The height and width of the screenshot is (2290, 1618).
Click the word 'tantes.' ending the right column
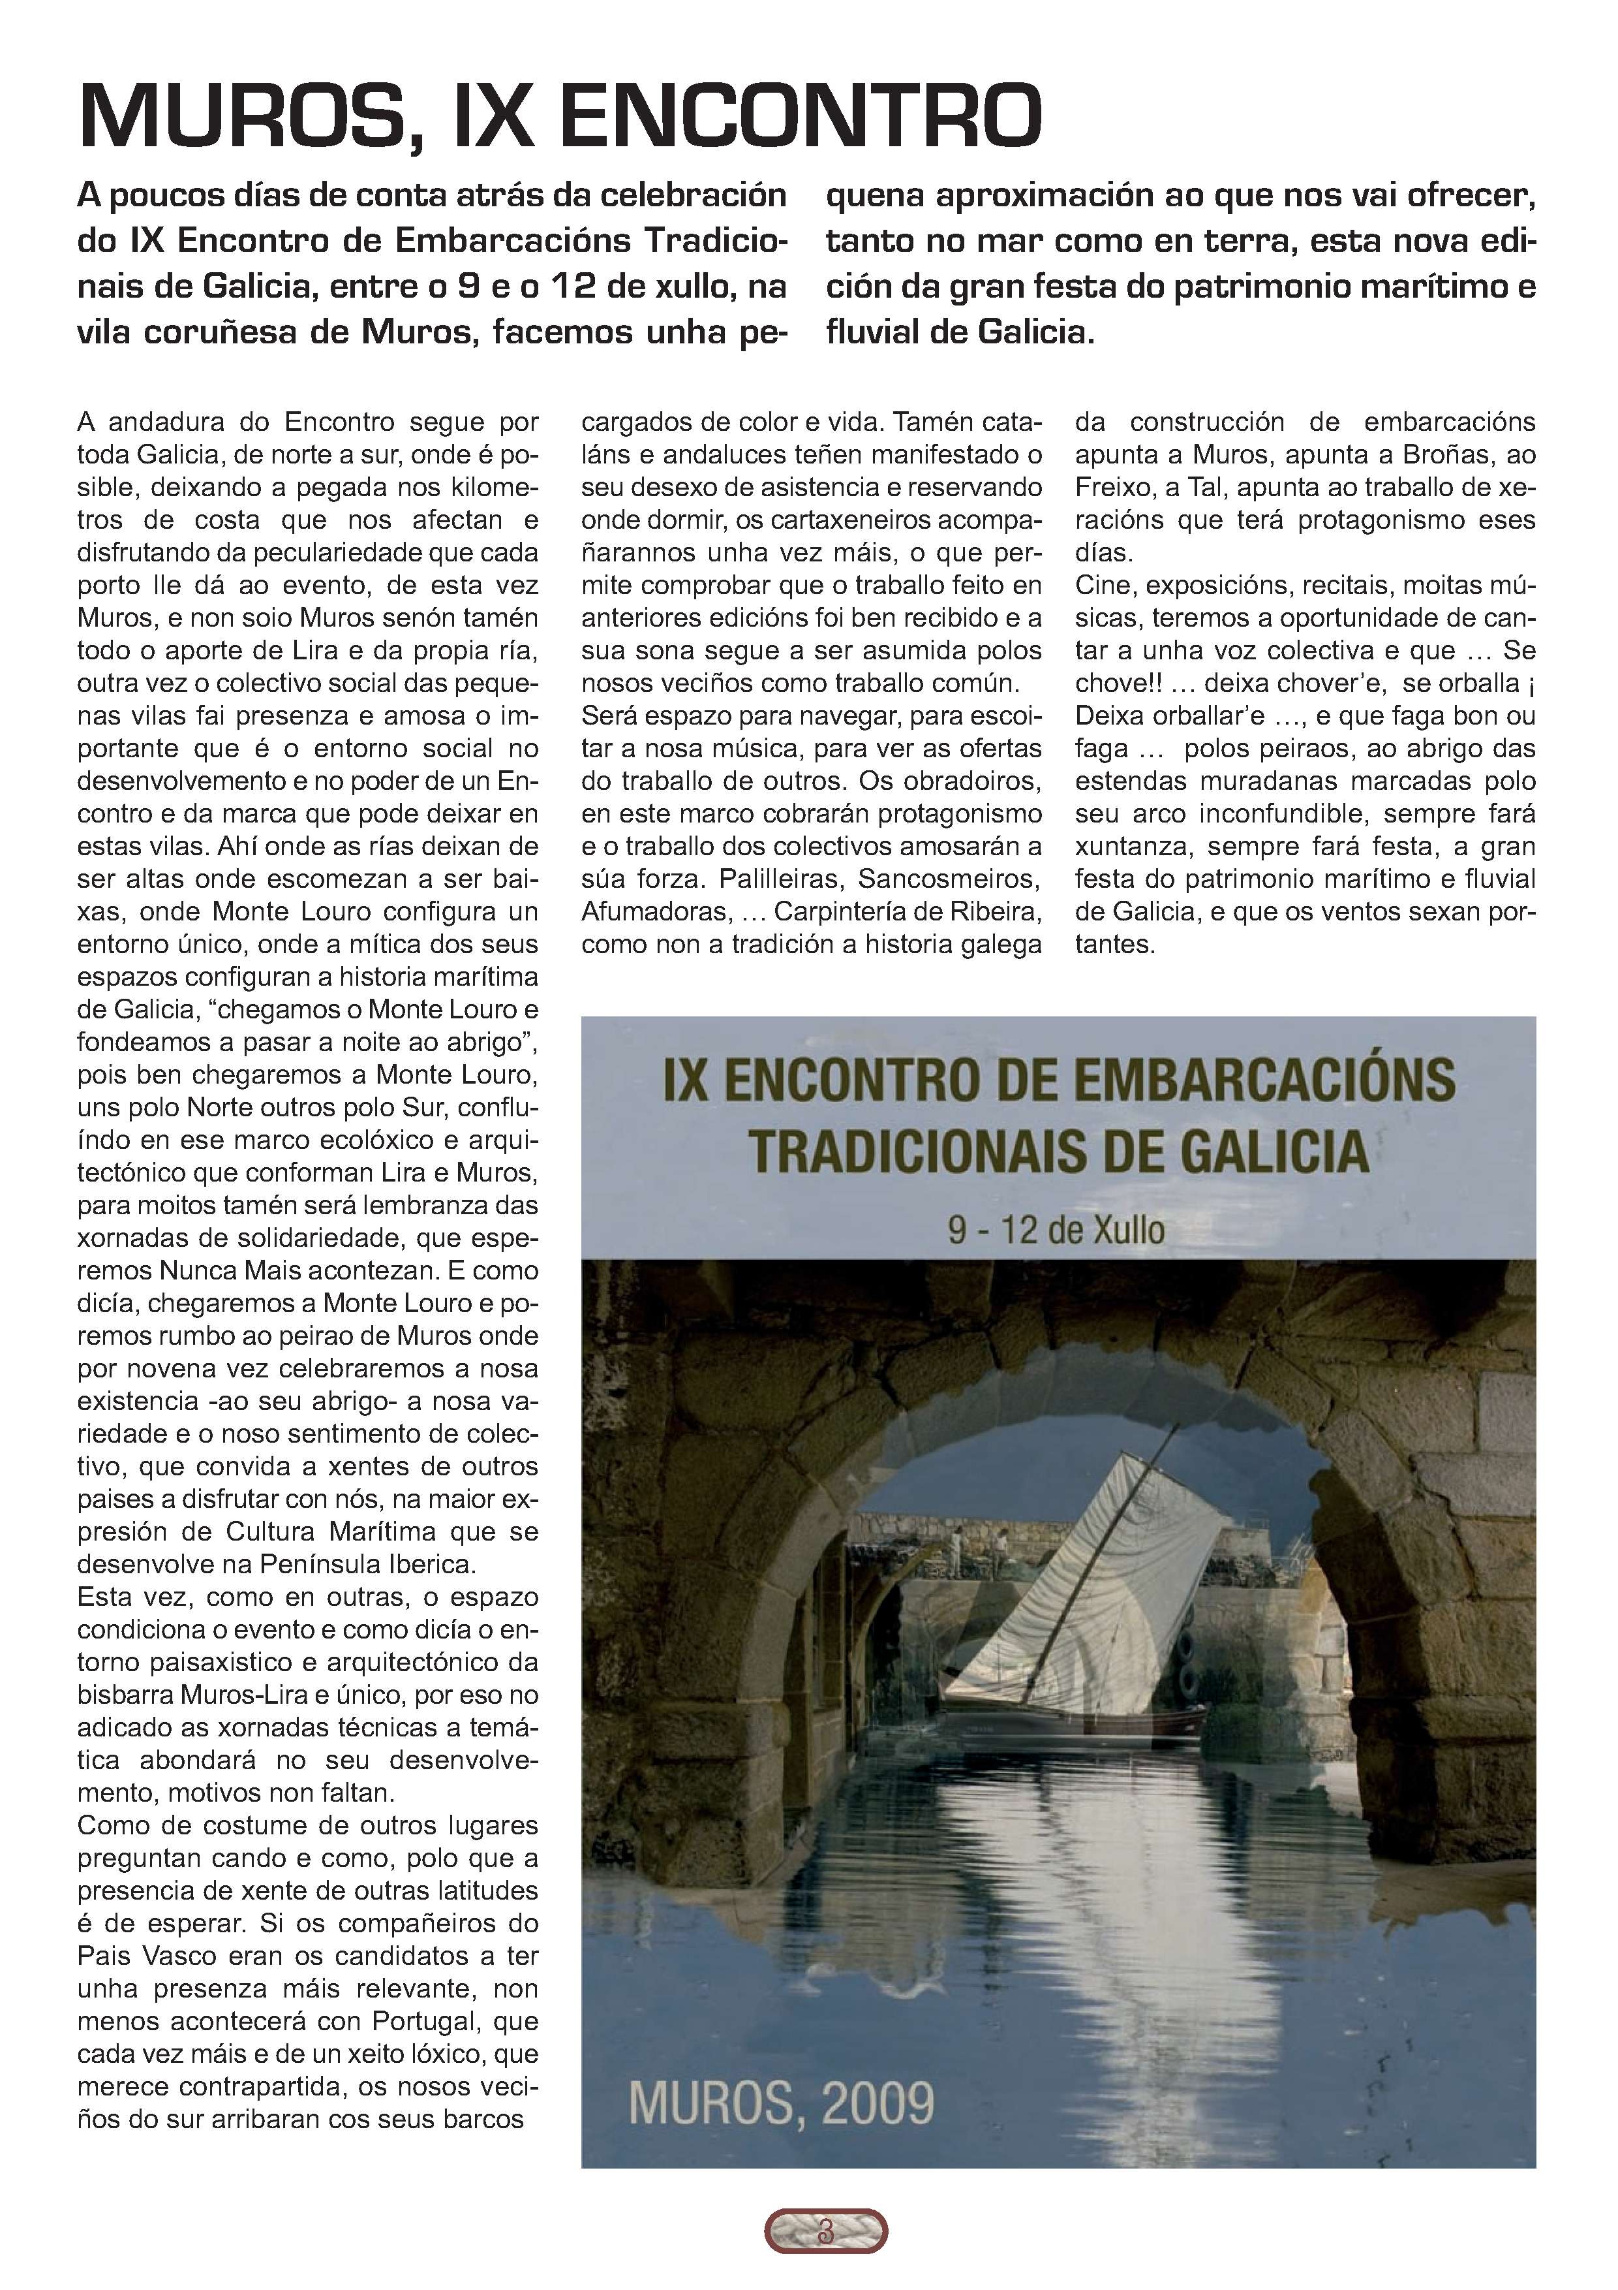coord(1114,945)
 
